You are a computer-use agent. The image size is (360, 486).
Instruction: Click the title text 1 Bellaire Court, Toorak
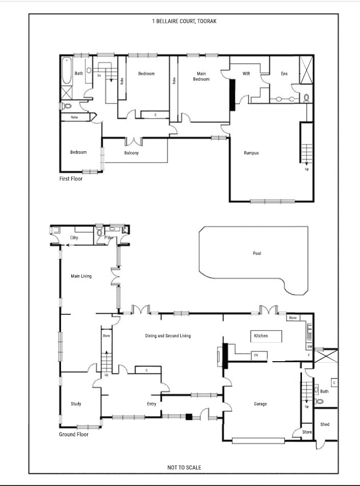coord(184,21)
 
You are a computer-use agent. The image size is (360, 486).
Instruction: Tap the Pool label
coord(257,253)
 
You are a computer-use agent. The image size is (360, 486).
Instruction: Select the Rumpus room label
coord(251,153)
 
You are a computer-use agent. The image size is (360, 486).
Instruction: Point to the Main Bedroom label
coord(201,76)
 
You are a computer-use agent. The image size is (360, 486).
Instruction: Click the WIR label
coord(246,74)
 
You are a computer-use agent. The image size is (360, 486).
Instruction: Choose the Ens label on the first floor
coord(284,74)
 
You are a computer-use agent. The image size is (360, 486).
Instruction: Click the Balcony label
coord(131,153)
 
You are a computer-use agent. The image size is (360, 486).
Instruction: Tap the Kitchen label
coord(261,336)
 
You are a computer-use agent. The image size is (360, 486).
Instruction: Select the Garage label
coord(260,404)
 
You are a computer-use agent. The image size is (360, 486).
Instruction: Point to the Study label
coord(76,404)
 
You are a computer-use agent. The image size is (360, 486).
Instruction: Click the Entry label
coord(152,404)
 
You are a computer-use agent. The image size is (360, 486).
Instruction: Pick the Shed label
coord(324,424)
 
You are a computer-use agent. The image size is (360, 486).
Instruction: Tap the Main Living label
coord(81,276)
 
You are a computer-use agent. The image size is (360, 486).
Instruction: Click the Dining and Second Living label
coord(168,336)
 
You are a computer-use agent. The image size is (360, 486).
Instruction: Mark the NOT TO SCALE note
coord(184,467)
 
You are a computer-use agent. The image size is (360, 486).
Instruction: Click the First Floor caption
coord(71,179)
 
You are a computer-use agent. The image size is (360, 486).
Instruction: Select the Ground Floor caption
coord(74,435)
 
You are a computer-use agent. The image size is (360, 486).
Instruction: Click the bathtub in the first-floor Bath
coord(66,72)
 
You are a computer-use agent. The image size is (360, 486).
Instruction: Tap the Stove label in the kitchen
coord(293,318)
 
